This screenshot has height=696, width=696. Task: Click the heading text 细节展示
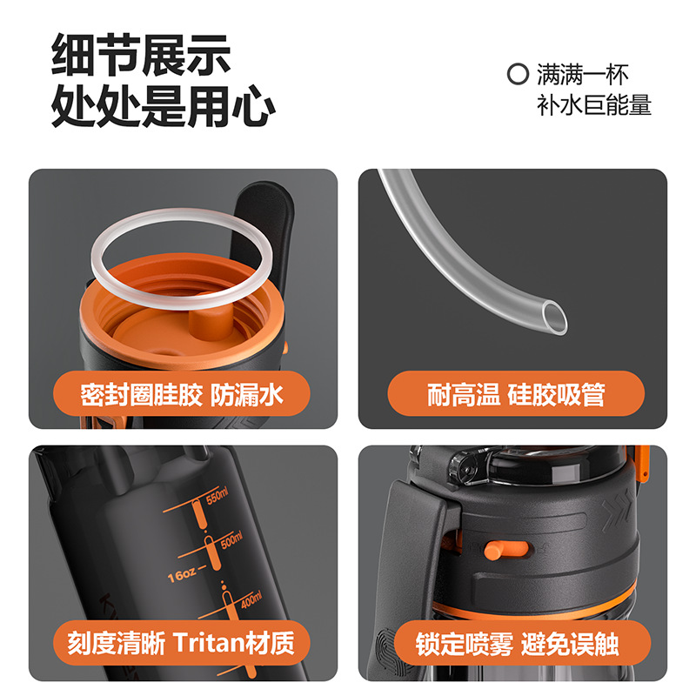coord(141,55)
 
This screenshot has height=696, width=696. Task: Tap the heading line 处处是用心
coord(164,106)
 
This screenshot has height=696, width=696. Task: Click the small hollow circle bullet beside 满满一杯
coord(518,74)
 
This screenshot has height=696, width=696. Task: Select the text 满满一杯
coord(582,75)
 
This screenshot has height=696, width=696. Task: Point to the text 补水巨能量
coord(594,104)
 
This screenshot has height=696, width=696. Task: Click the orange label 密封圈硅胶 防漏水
coord(182,393)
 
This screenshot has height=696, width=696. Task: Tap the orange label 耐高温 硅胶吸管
coord(516,393)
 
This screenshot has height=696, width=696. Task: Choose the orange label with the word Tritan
coord(182,643)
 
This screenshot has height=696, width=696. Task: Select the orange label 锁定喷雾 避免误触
coord(517,643)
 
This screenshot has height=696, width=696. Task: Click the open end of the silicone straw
coord(555,317)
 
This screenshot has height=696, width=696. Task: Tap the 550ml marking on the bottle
coord(217,495)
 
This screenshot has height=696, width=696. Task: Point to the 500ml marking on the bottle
coord(231,539)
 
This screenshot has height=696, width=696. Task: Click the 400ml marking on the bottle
coord(251,600)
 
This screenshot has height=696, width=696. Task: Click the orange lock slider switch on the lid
coord(505,550)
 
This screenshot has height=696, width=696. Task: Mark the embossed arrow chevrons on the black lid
coord(616,508)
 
